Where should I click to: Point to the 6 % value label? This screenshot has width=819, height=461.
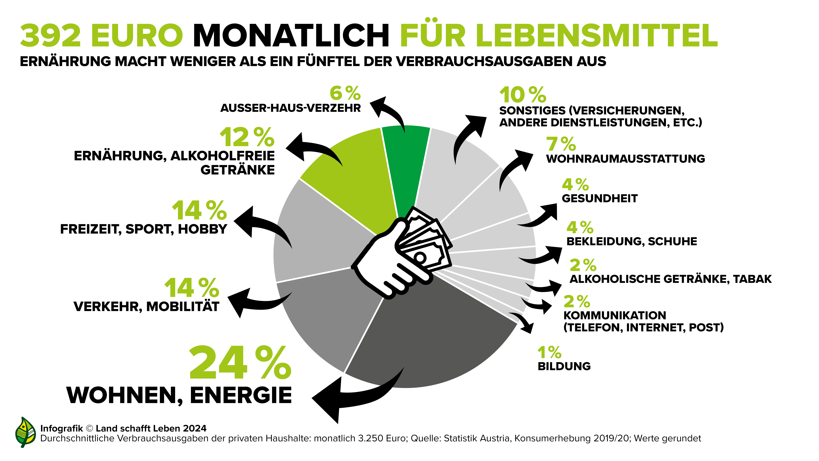345,93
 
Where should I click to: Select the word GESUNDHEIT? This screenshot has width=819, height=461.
600,198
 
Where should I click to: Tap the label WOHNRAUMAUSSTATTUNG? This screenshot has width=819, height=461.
625,159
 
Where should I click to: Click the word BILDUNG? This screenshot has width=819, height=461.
564,366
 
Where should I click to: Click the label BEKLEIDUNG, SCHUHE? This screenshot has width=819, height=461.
632,241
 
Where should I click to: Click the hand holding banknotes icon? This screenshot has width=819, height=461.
404,254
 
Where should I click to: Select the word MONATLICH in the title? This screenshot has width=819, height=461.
291,36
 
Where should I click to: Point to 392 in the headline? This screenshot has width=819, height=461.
51,36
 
